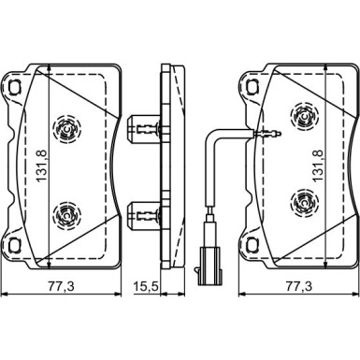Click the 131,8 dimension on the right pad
[318, 166]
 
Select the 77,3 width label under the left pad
[61, 286]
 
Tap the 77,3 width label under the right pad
[298, 286]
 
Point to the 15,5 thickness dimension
[146, 286]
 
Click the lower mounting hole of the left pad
[14, 246]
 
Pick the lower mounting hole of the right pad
[252, 246]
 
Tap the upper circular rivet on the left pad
[66, 129]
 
